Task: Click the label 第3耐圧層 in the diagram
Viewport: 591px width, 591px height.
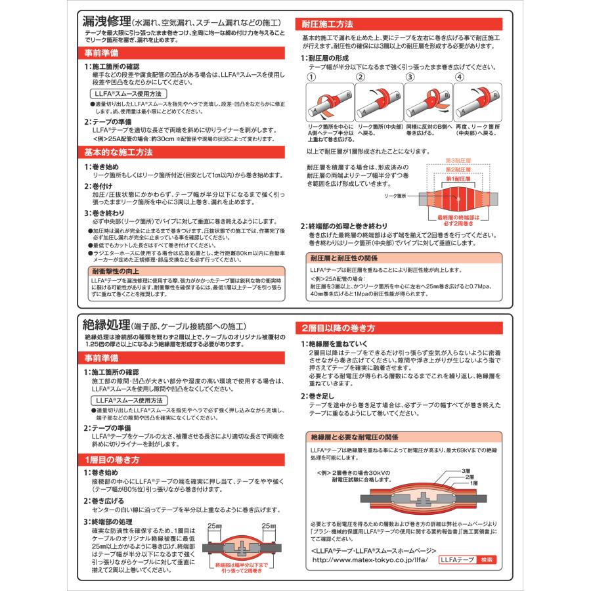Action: [x=462, y=161]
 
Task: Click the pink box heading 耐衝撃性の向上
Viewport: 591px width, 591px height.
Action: [x=118, y=270]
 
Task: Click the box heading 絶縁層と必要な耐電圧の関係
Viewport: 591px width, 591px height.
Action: [x=355, y=436]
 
